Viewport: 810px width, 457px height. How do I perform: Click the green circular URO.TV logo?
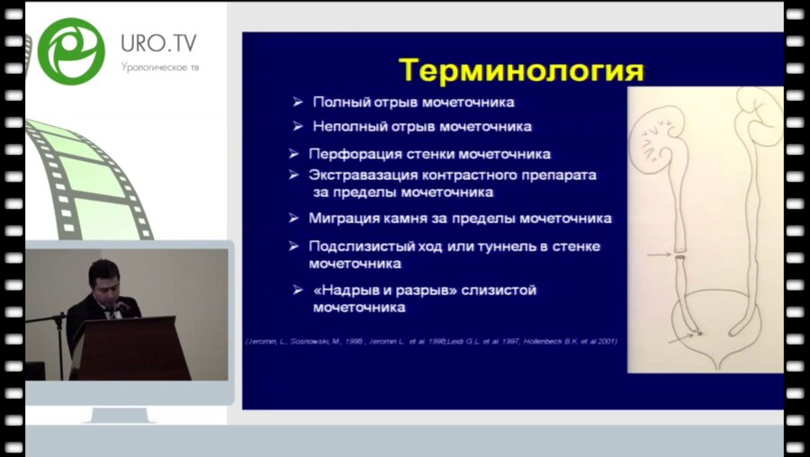pos(71,50)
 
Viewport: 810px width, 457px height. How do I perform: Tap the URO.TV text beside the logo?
pos(158,43)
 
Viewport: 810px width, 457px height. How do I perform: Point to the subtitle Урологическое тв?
pos(157,67)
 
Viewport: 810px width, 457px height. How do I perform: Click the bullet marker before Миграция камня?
pos(292,218)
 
